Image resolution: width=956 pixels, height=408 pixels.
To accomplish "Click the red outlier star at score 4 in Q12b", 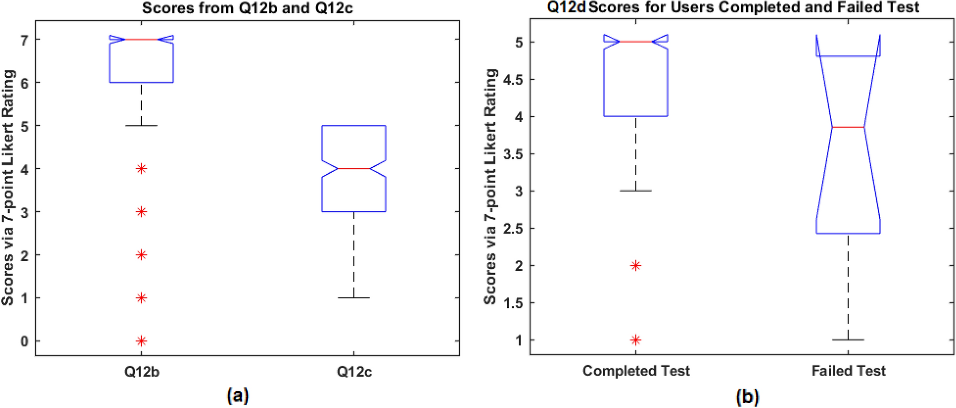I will pos(141,169).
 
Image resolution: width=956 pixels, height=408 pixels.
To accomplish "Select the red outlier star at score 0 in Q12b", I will pos(141,341).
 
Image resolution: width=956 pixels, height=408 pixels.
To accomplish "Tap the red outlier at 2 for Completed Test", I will pos(635,265).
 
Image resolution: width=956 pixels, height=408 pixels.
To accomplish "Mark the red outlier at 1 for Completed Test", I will pos(635,340).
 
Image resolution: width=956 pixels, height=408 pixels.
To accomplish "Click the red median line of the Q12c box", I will pos(353,169).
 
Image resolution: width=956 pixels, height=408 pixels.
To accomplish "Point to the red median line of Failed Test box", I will pos(848,127).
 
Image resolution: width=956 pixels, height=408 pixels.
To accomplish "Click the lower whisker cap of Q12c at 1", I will pos(353,298).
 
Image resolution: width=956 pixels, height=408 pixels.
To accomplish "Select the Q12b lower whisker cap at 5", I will pos(141,126).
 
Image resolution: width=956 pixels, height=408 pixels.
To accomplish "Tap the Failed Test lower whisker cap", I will pos(848,340).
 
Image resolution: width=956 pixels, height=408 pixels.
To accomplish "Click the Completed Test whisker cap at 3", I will pos(635,191).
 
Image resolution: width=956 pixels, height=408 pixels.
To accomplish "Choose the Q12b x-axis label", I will pos(141,372).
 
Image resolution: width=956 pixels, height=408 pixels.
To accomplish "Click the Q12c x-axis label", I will pos(354,372).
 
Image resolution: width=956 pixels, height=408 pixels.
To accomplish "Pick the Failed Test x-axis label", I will pos(848,371).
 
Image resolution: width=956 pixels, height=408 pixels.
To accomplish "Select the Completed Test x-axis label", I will pos(636,371).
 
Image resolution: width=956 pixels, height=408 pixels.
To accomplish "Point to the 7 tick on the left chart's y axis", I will pos(24,40).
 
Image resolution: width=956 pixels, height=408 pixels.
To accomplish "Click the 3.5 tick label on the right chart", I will pos(513,154).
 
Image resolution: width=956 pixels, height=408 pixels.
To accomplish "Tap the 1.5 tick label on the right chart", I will pos(513,303).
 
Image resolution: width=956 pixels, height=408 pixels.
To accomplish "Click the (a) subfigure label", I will pos(238,396).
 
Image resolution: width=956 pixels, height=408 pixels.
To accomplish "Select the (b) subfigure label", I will pos(747,397).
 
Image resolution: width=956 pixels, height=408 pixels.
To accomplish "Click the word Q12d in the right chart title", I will pos(566,8).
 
